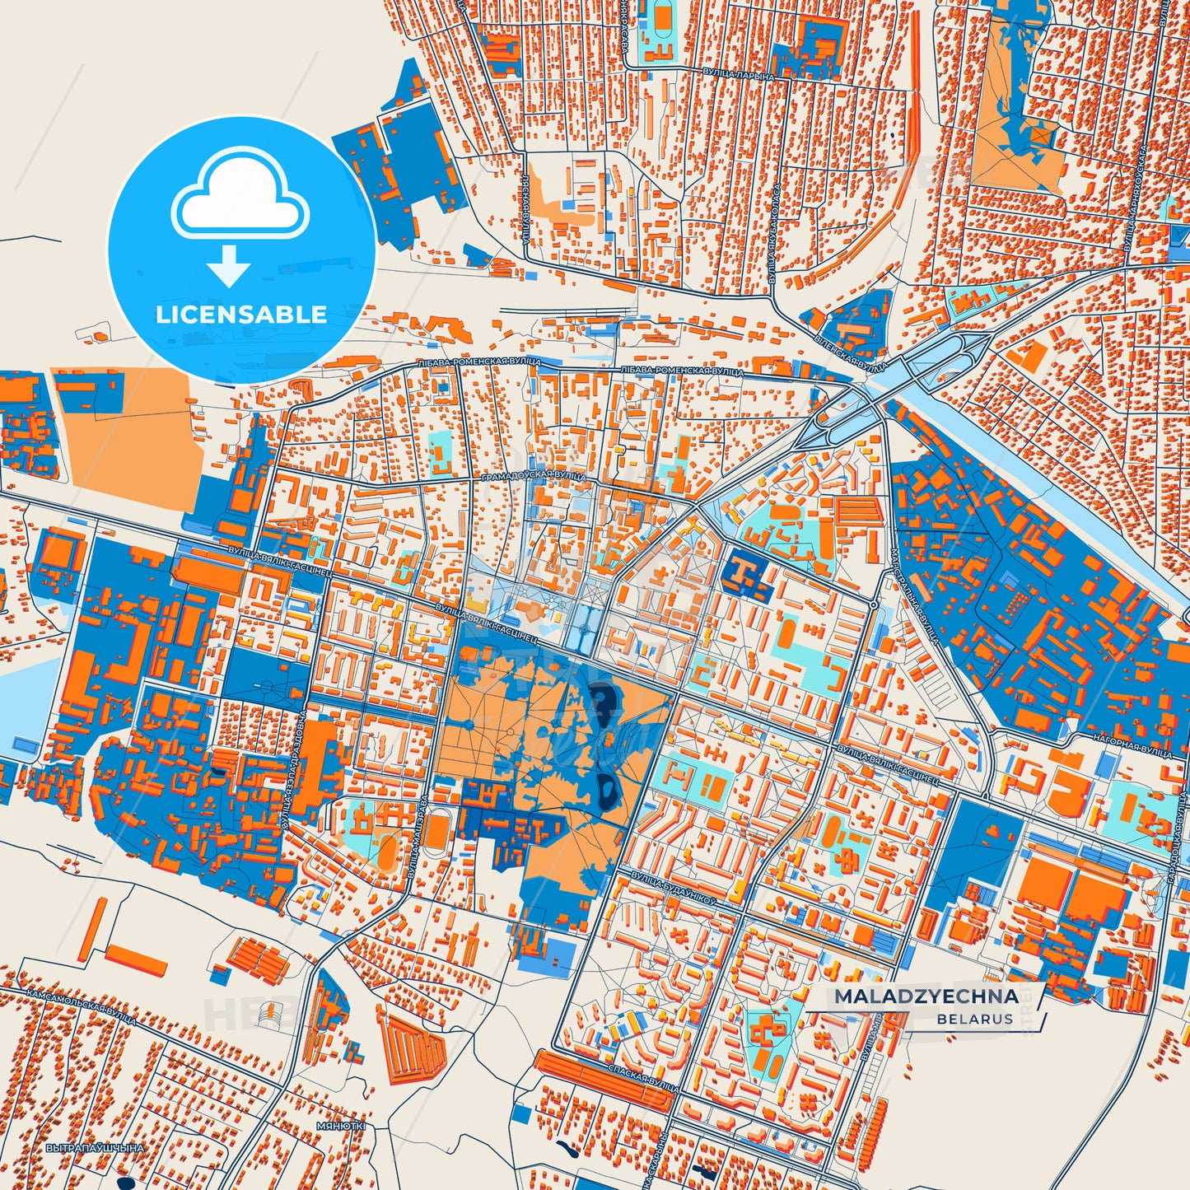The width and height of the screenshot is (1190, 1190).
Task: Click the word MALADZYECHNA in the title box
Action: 926,996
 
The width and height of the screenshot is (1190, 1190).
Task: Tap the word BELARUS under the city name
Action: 974,1019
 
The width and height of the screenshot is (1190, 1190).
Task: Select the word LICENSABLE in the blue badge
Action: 241,314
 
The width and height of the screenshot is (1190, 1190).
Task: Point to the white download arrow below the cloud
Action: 229,265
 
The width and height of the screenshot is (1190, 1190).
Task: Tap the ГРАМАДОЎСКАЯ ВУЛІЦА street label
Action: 532,477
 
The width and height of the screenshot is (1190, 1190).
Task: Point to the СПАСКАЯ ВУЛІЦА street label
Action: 642,1074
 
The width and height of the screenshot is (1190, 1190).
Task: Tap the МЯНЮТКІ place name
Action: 340,1125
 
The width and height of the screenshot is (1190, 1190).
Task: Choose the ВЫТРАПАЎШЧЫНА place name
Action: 95,1147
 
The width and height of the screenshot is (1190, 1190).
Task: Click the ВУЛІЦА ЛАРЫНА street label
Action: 739,75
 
